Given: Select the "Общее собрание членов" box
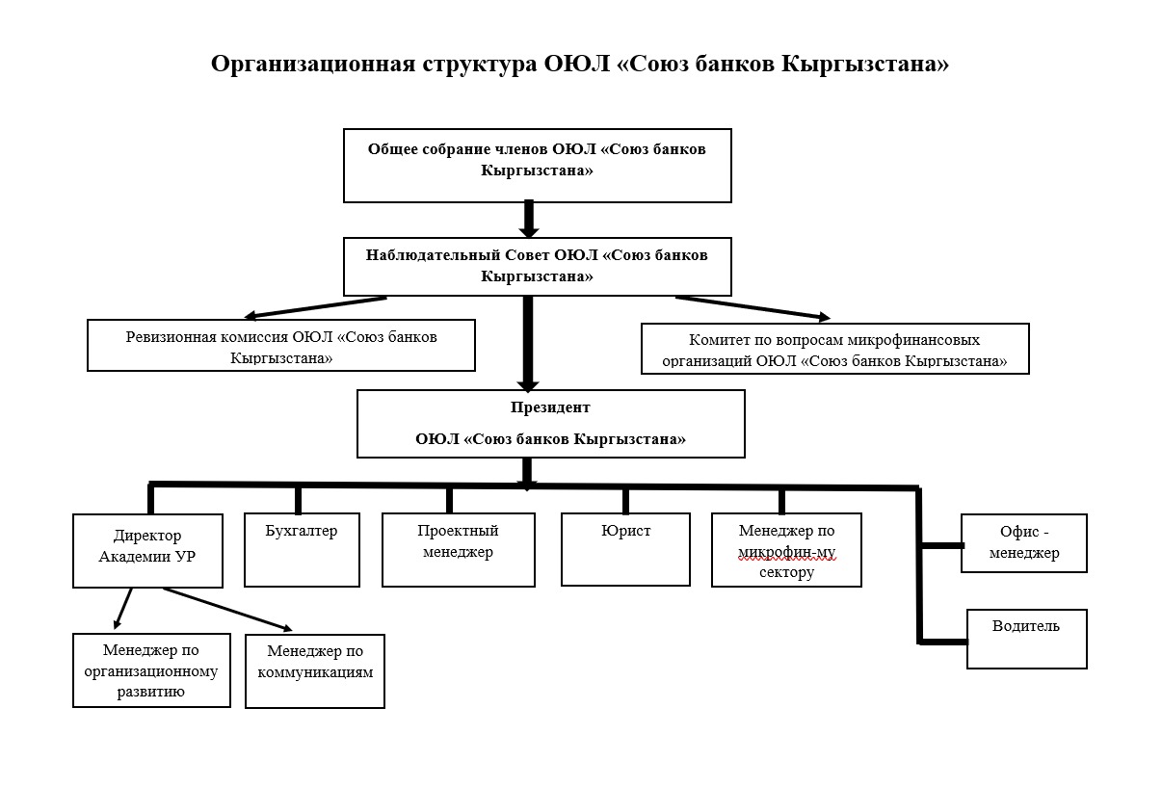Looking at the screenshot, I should tap(537, 165).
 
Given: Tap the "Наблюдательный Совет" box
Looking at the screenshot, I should tap(537, 266).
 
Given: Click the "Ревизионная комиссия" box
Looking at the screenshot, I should tap(281, 346).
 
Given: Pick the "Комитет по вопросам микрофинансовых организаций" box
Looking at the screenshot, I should tap(834, 349).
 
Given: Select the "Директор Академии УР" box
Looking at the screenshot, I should tap(147, 550).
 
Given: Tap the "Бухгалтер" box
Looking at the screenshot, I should tap(302, 550).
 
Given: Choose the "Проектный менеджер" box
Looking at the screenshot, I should tap(458, 550).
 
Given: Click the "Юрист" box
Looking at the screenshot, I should tap(625, 549).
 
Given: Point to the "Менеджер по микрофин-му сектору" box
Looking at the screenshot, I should tap(786, 550).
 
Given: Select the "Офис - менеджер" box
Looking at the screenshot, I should tap(1024, 543).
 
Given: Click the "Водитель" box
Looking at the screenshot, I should tap(1026, 638).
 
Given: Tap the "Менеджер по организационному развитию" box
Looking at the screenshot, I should tap(151, 670).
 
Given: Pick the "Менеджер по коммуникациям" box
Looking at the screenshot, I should tap(315, 670).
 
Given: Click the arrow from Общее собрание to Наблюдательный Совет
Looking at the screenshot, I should tap(527, 219).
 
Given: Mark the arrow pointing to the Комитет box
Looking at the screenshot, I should tap(752, 307).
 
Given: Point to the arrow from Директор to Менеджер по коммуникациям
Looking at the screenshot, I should tap(227, 608).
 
